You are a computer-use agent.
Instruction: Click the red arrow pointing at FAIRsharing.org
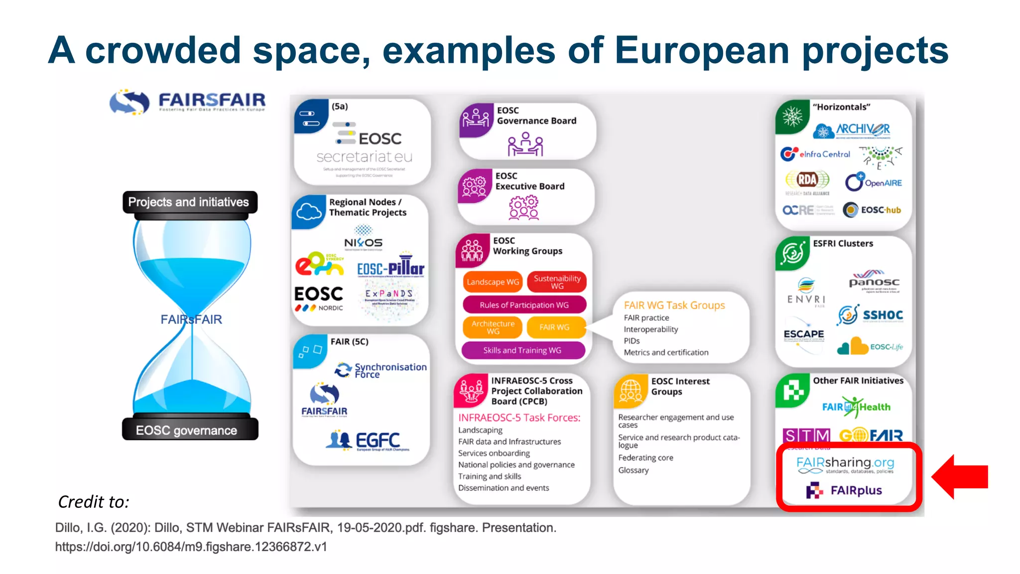click(960, 477)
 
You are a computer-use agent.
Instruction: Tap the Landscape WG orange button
click(493, 282)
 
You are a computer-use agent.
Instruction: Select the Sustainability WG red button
click(557, 282)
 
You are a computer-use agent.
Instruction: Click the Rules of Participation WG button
click(524, 305)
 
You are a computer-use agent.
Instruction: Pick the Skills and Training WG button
click(522, 350)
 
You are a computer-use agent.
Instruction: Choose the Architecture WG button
click(493, 327)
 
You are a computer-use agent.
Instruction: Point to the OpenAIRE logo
click(874, 182)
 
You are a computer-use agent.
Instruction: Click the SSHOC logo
click(870, 315)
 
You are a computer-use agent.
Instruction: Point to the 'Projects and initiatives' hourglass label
click(189, 202)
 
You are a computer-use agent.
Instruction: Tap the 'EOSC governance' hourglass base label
click(187, 430)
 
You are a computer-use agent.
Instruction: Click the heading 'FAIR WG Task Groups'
click(674, 305)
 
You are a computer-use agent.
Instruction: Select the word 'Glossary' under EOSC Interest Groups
click(634, 470)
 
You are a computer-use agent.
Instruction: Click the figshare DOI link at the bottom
click(191, 547)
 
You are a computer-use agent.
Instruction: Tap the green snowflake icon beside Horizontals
click(792, 117)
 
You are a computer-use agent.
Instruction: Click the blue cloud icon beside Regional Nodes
click(309, 212)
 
